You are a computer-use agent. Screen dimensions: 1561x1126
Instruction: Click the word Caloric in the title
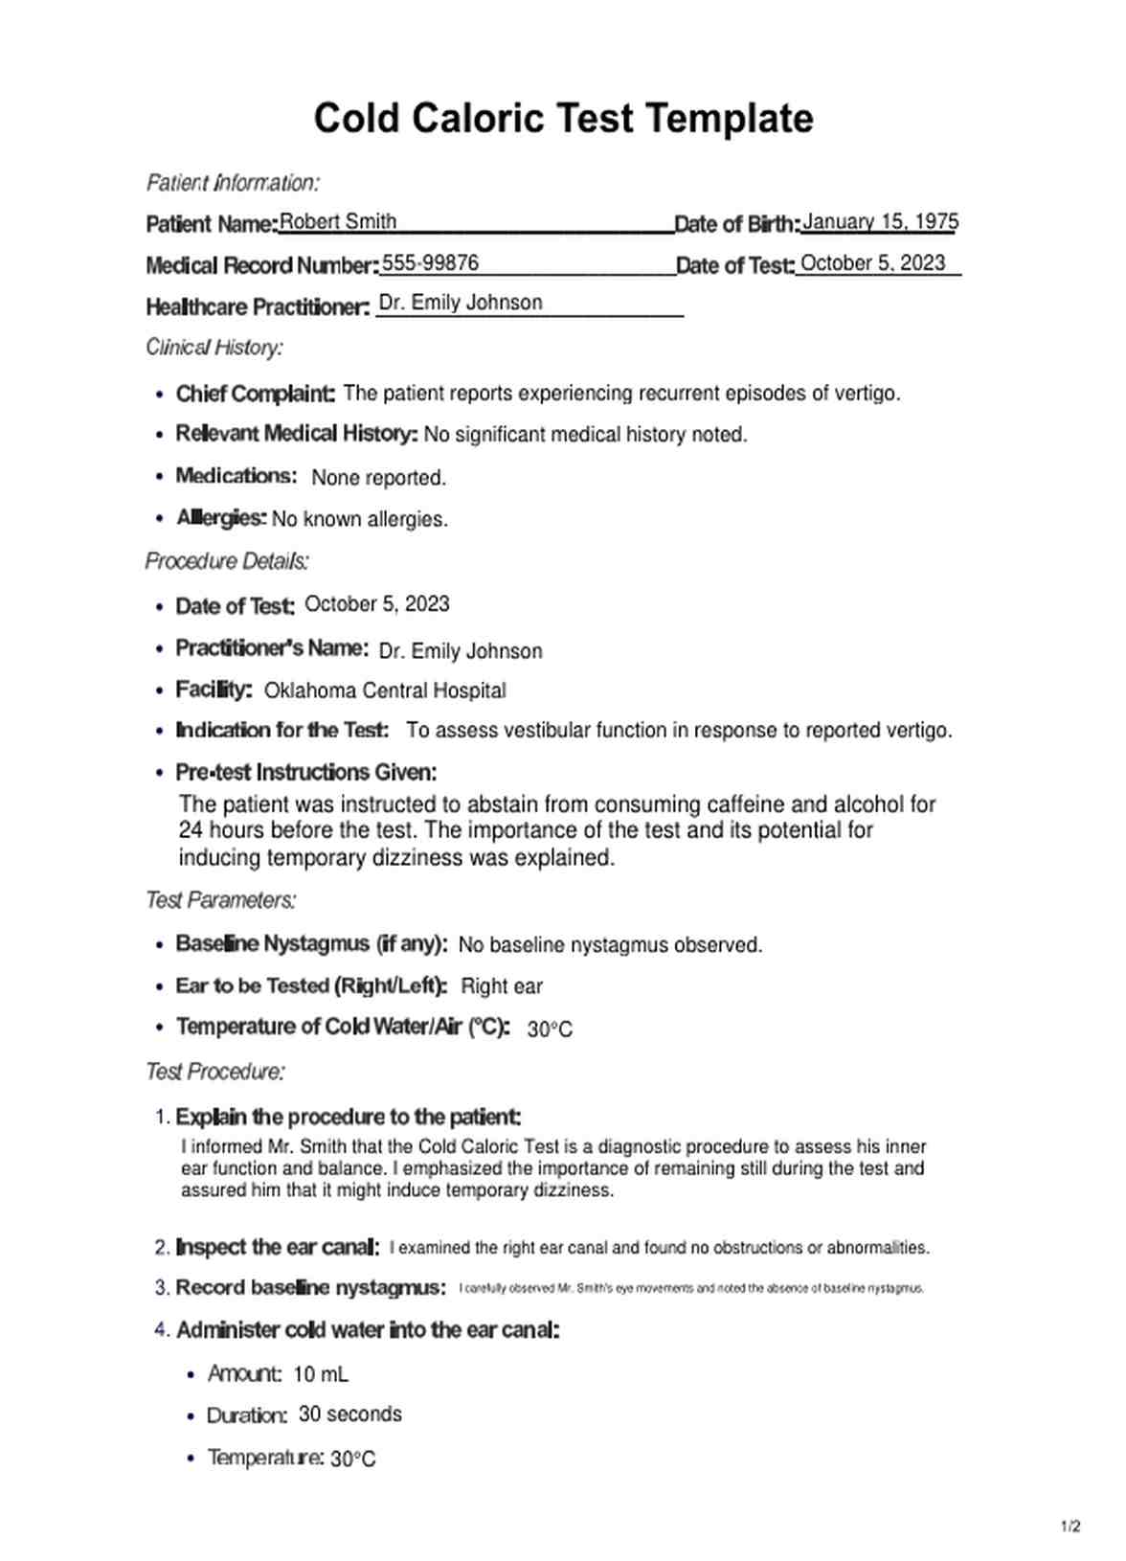tap(476, 119)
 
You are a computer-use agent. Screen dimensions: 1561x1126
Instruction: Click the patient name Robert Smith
tap(337, 222)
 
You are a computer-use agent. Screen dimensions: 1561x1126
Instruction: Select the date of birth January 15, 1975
tap(880, 222)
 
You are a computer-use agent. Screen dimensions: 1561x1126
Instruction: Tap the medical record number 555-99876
tap(430, 263)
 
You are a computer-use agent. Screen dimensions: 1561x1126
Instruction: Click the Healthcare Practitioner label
tap(257, 307)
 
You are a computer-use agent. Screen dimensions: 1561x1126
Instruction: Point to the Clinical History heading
tap(214, 348)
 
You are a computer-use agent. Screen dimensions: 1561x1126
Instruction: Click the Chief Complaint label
tap(255, 394)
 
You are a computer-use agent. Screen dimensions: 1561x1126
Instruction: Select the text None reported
tap(378, 478)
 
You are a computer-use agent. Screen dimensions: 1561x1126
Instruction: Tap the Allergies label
tap(221, 518)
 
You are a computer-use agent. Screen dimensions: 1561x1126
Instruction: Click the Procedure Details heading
tap(227, 561)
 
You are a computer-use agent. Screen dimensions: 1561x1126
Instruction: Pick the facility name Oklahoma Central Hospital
tap(385, 690)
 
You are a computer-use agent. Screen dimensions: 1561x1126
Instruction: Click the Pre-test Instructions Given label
tap(305, 772)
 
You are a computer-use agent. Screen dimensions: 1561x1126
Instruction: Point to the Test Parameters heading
tap(220, 900)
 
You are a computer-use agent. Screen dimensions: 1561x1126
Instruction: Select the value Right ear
tap(502, 986)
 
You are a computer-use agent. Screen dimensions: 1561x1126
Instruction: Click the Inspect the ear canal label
tap(278, 1248)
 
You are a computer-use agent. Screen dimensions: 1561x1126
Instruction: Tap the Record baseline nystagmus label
tap(310, 1288)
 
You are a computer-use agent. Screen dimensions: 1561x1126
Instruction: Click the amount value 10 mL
tap(321, 1374)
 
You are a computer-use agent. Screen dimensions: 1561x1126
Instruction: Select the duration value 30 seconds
tap(350, 1414)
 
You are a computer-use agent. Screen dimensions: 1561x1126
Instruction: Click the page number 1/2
tap(1070, 1527)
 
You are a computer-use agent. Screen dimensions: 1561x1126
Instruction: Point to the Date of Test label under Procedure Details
tap(235, 606)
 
